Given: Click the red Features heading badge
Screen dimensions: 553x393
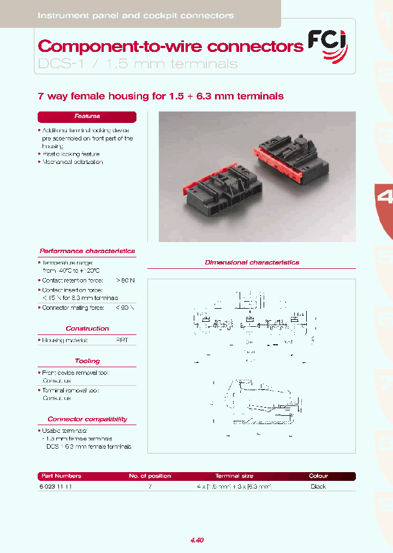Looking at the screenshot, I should point(87,116).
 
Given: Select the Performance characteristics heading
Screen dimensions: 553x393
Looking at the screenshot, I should point(87,251).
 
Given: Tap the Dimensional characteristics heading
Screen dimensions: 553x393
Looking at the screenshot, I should point(252,263).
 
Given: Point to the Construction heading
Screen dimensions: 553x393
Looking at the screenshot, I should point(87,329).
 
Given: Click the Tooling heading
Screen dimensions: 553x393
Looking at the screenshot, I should point(87,361).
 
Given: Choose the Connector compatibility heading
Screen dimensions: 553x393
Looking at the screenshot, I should point(87,420).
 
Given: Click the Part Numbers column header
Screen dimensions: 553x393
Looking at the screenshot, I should point(61,476).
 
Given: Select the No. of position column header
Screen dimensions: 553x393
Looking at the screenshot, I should point(150,476).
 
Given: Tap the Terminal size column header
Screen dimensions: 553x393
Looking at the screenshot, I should point(234,476).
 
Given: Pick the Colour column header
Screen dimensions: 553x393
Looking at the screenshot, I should point(318,476).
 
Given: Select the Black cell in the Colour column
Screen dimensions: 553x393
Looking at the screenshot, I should point(318,486).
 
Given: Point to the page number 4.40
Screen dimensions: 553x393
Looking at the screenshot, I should point(197,540).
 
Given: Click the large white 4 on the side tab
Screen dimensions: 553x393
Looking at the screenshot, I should point(385,197).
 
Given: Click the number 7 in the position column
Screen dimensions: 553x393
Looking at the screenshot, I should point(150,486).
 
